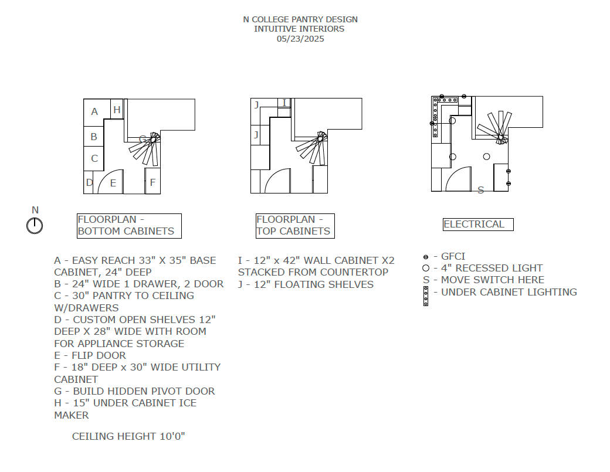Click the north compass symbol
coord(35,225)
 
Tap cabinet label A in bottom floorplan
coord(94,111)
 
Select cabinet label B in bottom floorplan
coord(94,137)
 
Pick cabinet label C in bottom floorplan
coord(94,158)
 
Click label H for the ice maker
coord(117,110)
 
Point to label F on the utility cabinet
coord(152,182)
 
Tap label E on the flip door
coord(113,183)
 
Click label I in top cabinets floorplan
coord(284,103)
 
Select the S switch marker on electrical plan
coord(480,190)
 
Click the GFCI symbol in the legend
coord(426,257)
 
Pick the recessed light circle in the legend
coord(426,268)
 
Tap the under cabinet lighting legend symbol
coord(426,296)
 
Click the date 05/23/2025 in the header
coord(300,39)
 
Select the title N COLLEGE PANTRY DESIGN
coord(300,19)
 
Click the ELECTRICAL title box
coord(477,224)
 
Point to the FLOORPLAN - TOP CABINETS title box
coord(295,226)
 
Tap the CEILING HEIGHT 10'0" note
coord(129,436)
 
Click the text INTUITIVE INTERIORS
coord(299,29)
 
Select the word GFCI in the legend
coord(453,256)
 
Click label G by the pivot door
coord(143,139)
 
